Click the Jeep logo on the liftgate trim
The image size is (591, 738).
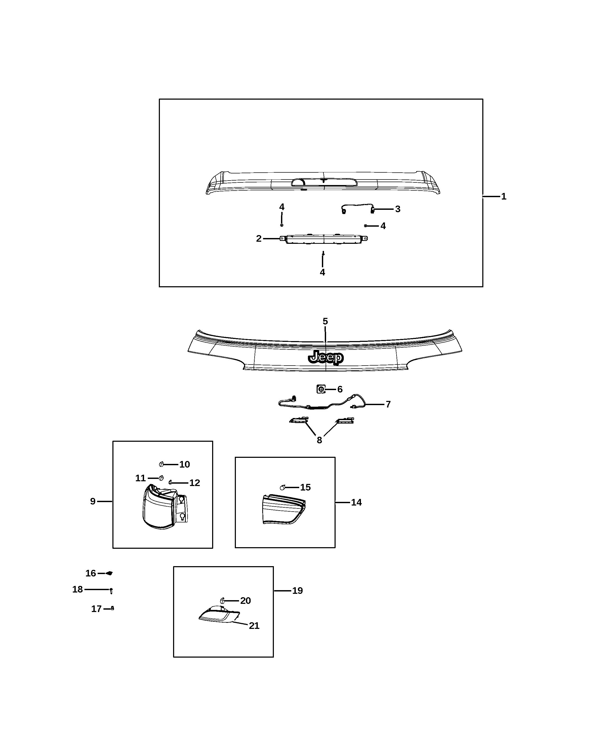tap(326, 357)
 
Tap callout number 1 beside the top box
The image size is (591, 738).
tap(504, 196)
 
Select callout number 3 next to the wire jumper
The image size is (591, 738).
tap(398, 209)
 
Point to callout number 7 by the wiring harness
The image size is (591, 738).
tap(388, 404)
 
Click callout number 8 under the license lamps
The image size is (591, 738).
tap(319, 440)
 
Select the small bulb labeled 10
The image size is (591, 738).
tap(161, 464)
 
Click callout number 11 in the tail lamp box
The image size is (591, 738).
tap(140, 478)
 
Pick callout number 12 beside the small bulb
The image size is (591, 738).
tap(195, 483)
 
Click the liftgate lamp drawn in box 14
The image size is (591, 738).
tap(284, 509)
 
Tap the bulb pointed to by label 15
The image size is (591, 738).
tap(282, 487)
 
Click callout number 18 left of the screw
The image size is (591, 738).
tap(77, 589)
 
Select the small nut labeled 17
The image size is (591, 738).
tap(112, 608)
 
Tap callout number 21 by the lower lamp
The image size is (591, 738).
tap(254, 625)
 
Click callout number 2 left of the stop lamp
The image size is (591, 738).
tap(259, 239)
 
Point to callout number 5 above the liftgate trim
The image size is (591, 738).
tap(325, 321)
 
